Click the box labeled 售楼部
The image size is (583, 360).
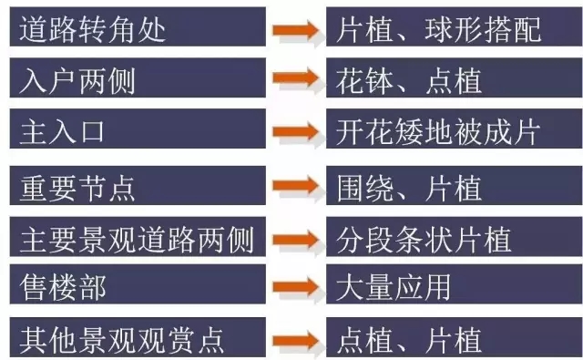(x=137, y=289)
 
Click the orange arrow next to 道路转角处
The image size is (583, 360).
(x=295, y=29)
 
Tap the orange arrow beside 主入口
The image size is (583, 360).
(x=295, y=133)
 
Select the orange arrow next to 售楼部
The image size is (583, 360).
(x=295, y=291)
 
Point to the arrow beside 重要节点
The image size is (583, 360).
(x=295, y=189)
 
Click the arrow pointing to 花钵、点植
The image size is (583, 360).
(x=295, y=82)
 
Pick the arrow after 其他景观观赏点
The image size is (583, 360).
(x=295, y=341)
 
